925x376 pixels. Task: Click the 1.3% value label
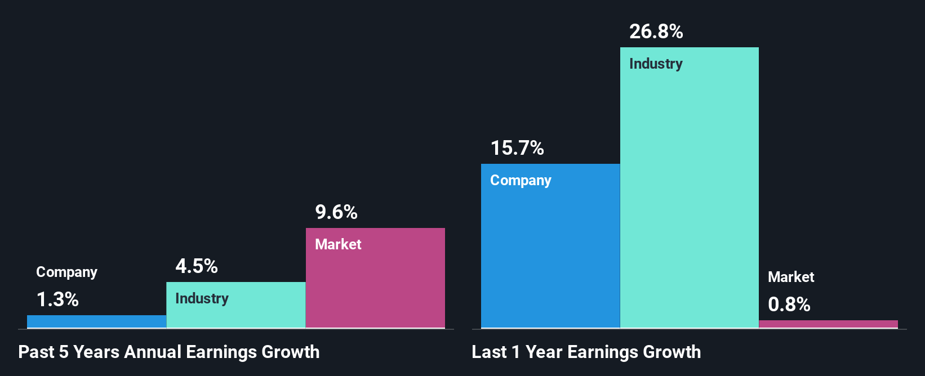(57, 299)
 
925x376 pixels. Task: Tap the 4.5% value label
(197, 266)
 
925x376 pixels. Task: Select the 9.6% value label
(336, 212)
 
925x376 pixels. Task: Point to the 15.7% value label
(517, 148)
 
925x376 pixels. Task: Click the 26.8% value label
(656, 32)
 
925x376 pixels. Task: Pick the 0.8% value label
(789, 305)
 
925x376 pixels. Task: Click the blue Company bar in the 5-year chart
(96, 321)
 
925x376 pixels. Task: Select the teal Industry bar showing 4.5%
(236, 312)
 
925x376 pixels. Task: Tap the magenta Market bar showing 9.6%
(375, 287)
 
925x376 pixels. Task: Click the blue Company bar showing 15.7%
(550, 253)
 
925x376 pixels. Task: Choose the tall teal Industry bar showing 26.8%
(689, 197)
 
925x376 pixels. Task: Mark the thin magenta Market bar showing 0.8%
(828, 324)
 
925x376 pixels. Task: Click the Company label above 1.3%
(66, 272)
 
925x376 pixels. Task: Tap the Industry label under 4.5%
(202, 298)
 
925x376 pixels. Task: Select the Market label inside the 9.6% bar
(338, 244)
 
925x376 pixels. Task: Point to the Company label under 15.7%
(521, 180)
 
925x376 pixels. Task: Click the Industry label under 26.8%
(656, 64)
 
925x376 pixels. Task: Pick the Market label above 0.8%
(791, 277)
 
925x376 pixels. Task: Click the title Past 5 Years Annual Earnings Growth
(169, 352)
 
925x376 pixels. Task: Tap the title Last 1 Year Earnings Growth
(586, 352)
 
